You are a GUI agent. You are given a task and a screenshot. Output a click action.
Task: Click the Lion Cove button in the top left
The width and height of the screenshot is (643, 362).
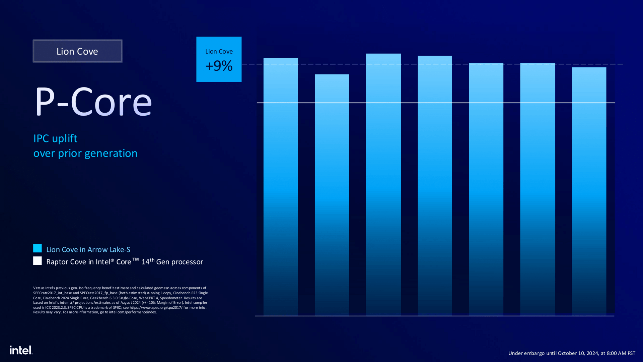[77, 51]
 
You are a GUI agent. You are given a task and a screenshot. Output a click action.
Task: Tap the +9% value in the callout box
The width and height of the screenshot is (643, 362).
[219, 66]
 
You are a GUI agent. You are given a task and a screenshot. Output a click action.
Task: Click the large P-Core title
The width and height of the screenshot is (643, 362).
[93, 102]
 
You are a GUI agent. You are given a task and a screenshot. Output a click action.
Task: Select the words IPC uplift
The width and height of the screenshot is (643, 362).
[55, 138]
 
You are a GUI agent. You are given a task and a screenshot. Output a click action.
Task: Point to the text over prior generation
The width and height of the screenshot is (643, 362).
[85, 153]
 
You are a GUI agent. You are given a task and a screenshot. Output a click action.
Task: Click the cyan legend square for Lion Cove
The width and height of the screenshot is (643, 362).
[38, 248]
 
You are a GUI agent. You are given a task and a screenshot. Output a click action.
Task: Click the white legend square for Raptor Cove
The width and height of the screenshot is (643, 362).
[38, 261]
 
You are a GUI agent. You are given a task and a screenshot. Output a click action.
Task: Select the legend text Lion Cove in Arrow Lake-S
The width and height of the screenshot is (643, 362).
[88, 250]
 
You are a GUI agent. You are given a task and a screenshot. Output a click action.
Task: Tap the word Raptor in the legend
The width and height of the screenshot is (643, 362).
[56, 262]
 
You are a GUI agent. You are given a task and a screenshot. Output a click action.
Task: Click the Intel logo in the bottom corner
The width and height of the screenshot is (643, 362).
[21, 350]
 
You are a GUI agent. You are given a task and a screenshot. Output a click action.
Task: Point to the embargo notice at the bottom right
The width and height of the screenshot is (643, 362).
[572, 353]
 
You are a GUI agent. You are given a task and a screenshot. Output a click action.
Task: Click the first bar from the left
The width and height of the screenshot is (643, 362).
[281, 188]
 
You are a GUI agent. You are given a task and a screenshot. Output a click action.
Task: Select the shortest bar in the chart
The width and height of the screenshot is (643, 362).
[332, 194]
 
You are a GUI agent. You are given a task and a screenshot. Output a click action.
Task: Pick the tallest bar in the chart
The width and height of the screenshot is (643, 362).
[383, 184]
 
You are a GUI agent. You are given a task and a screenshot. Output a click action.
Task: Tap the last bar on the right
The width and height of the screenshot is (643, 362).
[589, 191]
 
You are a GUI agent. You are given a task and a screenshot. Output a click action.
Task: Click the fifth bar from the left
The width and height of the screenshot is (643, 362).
[486, 189]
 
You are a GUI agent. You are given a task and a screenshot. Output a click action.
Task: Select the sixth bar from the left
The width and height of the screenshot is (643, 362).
[538, 189]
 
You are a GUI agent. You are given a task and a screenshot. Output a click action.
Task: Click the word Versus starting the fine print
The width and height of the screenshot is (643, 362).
[39, 288]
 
